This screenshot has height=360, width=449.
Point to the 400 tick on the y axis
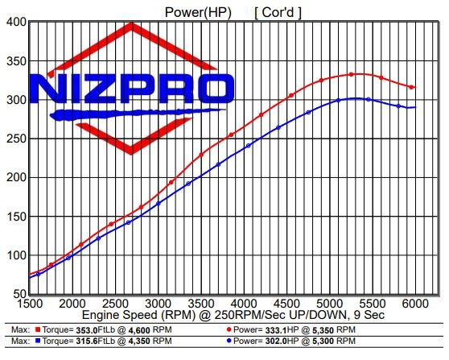pos(16,23)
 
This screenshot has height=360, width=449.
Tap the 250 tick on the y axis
pos(16,139)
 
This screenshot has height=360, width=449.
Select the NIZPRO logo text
pos(134,88)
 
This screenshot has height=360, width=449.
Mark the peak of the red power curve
pos(352,74)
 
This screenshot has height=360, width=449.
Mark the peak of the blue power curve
pos(352,98)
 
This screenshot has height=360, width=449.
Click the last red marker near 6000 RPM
pos(411,87)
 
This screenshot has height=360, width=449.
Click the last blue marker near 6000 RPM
pos(412,107)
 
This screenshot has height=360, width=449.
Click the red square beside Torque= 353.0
pos(38,330)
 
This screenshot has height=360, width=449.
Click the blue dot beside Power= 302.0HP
pos(230,342)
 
